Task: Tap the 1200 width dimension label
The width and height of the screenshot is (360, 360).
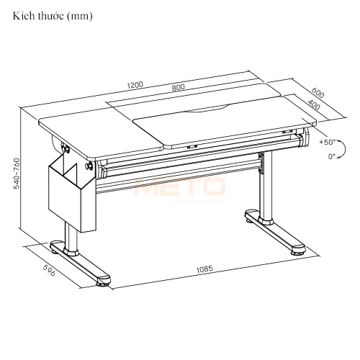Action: coord(135,84)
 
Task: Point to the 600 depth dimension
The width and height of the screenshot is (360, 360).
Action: coord(318,92)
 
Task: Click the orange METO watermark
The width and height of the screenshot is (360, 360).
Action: coord(180,188)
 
